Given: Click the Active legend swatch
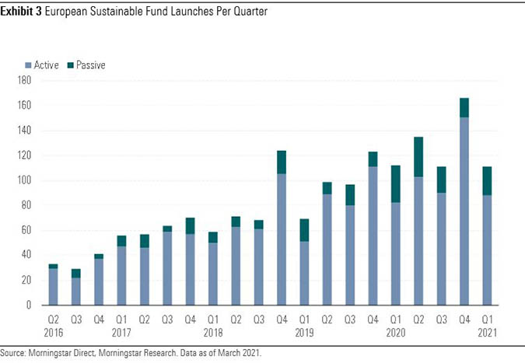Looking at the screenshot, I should tap(29, 66).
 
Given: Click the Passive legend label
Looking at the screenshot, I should tap(90, 66).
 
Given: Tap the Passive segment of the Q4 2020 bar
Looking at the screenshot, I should tap(464, 108).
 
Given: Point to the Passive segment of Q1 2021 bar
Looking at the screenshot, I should tap(488, 181).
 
